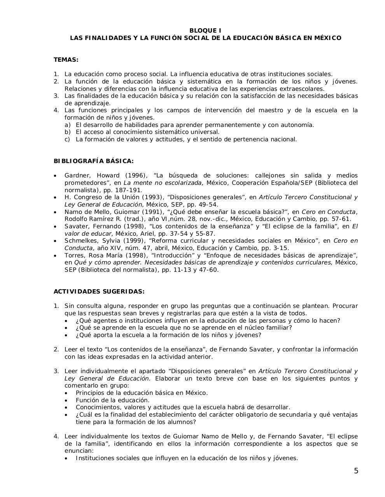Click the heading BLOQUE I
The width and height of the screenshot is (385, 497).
click(x=205, y=31)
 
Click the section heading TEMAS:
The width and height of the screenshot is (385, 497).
click(x=66, y=60)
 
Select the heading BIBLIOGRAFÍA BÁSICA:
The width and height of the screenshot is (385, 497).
click(x=93, y=161)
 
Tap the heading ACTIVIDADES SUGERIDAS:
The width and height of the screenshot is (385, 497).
click(x=99, y=291)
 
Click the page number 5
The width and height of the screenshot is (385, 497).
click(x=356, y=471)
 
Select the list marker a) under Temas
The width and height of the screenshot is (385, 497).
click(x=68, y=125)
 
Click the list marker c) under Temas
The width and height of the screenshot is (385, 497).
click(x=68, y=139)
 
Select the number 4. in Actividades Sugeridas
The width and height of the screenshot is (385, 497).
click(x=56, y=436)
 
